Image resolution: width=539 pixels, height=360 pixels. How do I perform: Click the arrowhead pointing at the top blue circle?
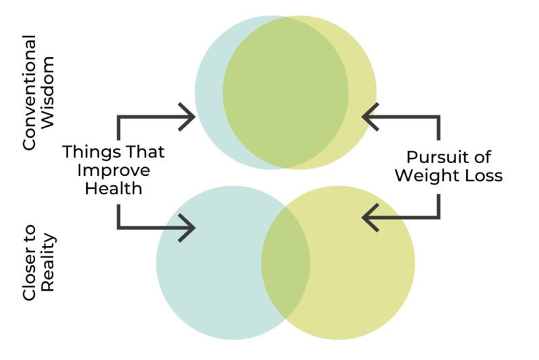tap(187, 117)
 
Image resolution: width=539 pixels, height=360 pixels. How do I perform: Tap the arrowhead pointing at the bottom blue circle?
tap(187, 228)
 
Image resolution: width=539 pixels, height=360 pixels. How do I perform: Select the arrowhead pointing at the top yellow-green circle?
tap(370, 117)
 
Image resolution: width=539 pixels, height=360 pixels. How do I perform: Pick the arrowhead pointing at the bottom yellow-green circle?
tap(370, 217)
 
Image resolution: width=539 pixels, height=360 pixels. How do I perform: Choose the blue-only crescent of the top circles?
tap(209, 92)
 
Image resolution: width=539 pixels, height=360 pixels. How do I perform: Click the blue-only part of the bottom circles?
tap(209, 263)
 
